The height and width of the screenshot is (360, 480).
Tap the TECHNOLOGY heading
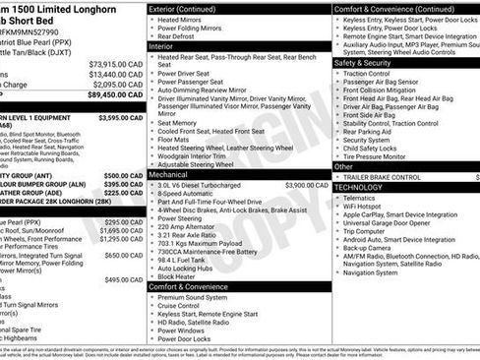360,186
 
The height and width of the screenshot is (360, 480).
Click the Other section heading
345,165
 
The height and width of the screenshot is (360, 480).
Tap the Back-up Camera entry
371,249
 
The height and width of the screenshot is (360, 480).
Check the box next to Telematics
337,197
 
